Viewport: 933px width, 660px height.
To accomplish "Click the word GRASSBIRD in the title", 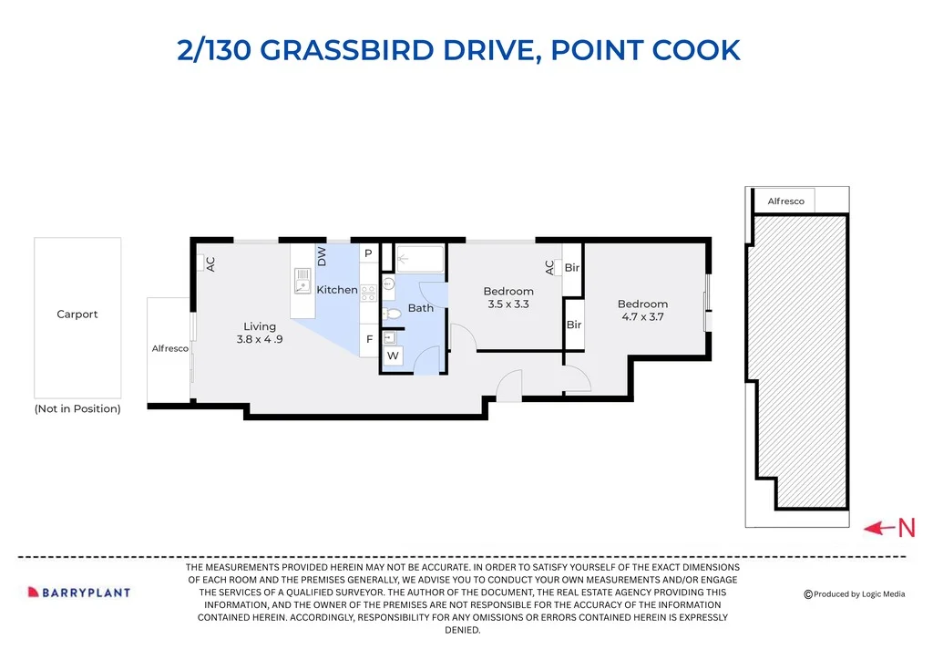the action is (347, 50).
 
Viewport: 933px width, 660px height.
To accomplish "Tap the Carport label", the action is (77, 315).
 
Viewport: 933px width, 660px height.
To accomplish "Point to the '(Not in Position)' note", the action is (77, 409).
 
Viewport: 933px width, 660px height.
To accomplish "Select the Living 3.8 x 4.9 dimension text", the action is (260, 339).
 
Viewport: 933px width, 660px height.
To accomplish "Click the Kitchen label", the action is (337, 290).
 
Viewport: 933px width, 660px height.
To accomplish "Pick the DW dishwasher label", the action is (322, 256).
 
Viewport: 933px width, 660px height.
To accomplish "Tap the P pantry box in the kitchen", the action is (368, 253).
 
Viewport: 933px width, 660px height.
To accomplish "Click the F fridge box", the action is (369, 339).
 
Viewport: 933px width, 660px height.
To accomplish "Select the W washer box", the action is (393, 356).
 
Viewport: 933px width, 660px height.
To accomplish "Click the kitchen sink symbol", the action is (302, 281).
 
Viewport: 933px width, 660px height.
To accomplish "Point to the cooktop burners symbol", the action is (368, 293).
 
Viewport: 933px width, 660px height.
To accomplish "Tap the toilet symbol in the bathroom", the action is (391, 314).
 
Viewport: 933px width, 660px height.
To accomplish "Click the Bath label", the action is (421, 308).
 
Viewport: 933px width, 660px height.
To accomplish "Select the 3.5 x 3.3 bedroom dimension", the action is (508, 304).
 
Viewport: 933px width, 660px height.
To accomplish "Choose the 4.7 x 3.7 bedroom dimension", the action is (642, 317).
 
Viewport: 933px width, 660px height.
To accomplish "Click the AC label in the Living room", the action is (210, 264).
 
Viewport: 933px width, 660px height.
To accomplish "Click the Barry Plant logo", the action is (79, 593).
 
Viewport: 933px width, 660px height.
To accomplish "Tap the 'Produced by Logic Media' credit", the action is (855, 594).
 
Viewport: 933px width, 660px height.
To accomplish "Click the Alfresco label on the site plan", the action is (785, 201).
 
